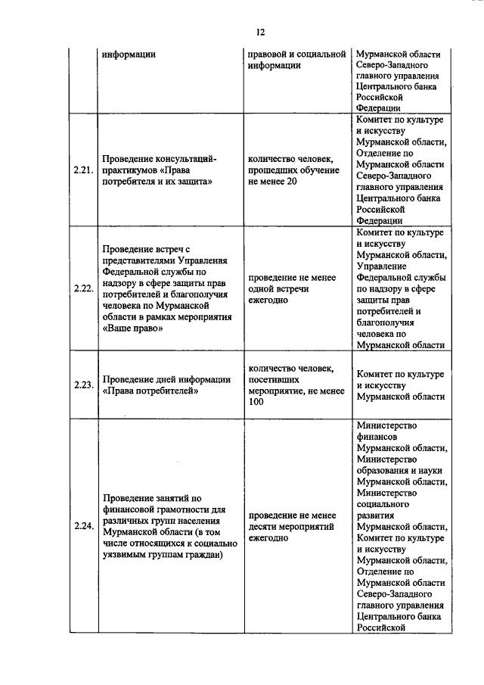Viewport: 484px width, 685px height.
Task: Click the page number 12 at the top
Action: [x=259, y=32]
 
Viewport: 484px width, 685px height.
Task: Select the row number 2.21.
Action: [x=82, y=170]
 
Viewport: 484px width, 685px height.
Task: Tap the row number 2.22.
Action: [x=82, y=288]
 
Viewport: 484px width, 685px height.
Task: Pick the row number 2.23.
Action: [x=82, y=385]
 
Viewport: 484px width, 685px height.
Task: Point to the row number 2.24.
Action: [x=82, y=525]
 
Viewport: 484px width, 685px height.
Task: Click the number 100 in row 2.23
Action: [x=256, y=402]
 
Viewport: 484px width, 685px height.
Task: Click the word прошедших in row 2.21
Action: [x=273, y=170]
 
